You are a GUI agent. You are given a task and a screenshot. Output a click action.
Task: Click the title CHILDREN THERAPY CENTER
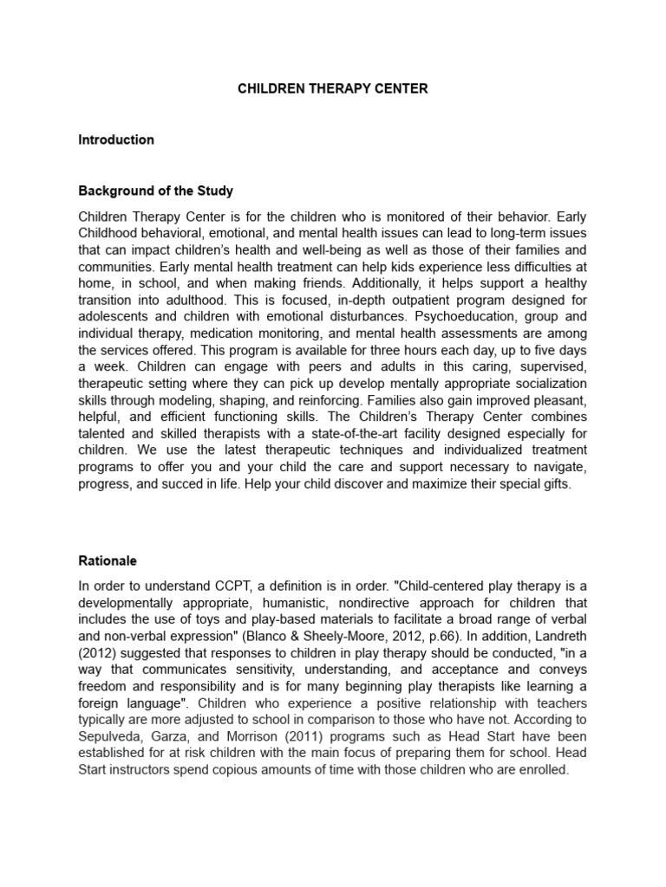click(x=333, y=88)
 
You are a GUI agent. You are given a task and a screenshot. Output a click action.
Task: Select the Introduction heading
click(x=116, y=139)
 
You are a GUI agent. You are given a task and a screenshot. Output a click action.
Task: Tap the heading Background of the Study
click(x=156, y=190)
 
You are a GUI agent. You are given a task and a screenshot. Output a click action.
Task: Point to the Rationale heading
click(x=108, y=560)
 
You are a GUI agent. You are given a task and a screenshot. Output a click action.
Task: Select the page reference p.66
click(x=404, y=635)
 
